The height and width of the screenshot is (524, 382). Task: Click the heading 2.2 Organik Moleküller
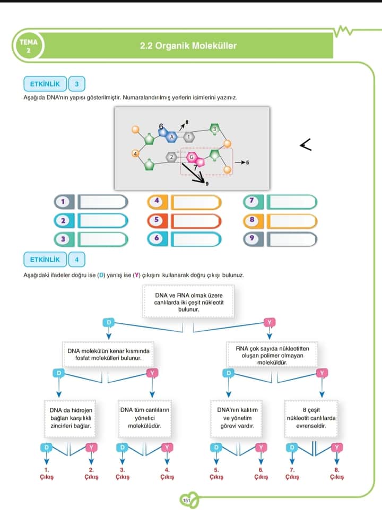coord(188,46)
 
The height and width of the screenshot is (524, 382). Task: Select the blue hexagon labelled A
coord(171,137)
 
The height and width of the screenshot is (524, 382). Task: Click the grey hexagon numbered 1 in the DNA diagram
coord(186,137)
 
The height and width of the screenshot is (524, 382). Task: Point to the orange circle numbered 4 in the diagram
coord(136,153)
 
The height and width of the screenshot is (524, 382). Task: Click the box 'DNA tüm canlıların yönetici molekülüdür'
coord(145,418)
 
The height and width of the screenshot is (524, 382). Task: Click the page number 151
coord(186,500)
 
